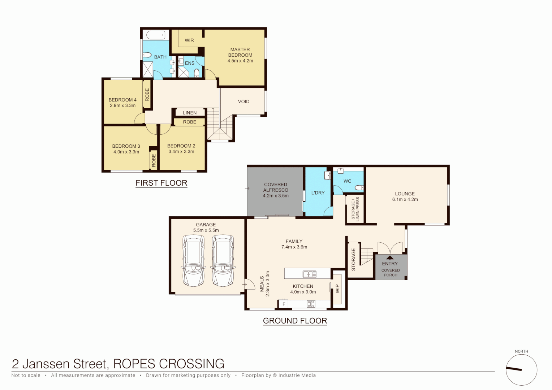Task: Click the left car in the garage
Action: pos(193,261)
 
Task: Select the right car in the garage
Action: pos(223,261)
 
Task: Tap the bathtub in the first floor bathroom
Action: pos(156,35)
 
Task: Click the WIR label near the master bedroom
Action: pos(189,40)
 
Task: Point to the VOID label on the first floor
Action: pos(243,101)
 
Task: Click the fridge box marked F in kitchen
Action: pos(284,304)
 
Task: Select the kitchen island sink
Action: pos(310,274)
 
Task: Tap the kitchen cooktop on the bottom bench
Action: pos(311,304)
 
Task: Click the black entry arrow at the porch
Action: pos(390,257)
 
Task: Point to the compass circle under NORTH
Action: pos(521,370)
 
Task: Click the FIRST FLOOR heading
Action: pos(161,183)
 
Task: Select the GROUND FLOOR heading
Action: pos(295,321)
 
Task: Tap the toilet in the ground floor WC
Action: pos(359,187)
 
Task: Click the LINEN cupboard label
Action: pos(190,113)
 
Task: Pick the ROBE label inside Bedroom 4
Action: pos(147,95)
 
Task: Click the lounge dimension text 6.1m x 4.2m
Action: pos(405,199)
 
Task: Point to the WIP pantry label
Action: pos(337,289)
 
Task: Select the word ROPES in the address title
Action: pos(134,364)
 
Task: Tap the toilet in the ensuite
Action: pos(197,73)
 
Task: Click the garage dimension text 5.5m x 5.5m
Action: pos(206,230)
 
